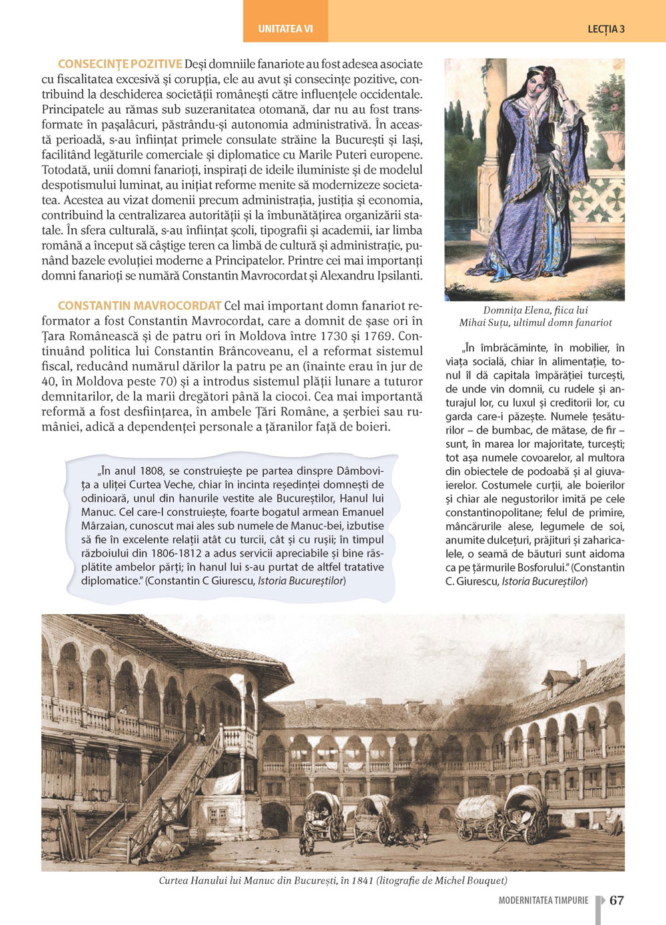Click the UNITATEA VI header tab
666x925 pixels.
pos(285,29)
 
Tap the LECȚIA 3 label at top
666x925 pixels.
pos(606,29)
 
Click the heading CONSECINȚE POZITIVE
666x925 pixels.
pos(120,64)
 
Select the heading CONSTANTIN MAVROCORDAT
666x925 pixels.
pos(139,305)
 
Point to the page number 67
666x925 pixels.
pos(617,900)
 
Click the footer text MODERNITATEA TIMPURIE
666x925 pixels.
pos(543,900)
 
